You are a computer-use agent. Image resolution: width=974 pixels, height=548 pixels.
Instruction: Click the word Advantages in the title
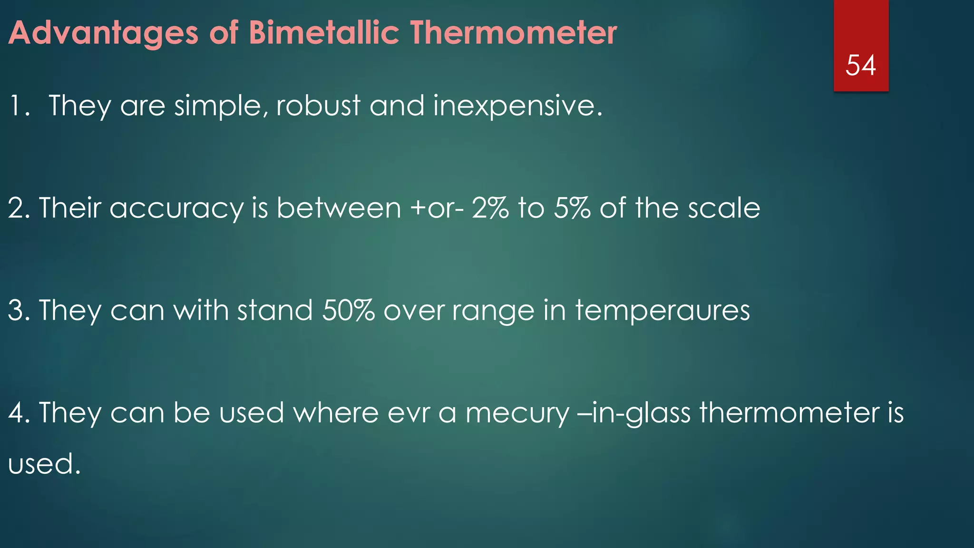(103, 33)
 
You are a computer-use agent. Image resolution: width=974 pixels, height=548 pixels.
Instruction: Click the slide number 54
(860, 66)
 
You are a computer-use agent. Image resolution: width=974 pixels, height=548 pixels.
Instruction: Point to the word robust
(318, 106)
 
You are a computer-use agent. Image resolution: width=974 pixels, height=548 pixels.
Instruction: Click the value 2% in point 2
(490, 208)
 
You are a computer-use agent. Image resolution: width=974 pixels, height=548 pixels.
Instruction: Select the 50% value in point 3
(348, 310)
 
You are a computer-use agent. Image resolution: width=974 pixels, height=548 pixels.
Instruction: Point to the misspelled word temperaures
(662, 311)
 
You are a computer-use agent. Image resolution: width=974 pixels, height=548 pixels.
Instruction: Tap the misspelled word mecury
(517, 413)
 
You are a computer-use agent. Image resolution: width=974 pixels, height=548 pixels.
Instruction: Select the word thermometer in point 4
(789, 412)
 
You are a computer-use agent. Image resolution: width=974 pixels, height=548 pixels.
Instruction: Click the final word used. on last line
(44, 464)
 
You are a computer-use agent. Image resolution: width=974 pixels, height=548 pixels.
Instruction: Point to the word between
(339, 208)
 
